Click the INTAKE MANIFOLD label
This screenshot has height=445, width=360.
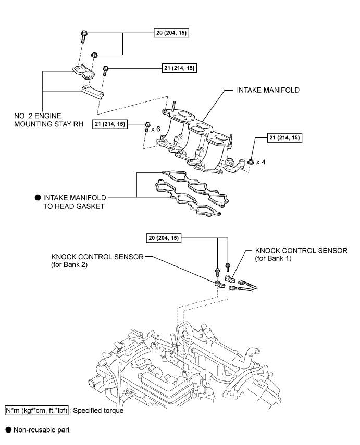268,90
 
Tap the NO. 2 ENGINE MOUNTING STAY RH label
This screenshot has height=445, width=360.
48,120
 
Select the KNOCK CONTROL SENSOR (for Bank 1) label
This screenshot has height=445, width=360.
301,255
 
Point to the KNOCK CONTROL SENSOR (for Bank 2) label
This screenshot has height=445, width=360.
97,261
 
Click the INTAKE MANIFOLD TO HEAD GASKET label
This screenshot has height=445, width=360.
75,202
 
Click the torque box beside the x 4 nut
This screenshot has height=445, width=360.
284,137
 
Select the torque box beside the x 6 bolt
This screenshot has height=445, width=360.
110,124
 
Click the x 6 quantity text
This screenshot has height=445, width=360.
156,129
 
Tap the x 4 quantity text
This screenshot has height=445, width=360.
261,162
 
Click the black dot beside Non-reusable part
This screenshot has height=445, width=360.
8,430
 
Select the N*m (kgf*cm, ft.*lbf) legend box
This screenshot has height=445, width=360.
36,410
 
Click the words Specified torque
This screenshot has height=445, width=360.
98,411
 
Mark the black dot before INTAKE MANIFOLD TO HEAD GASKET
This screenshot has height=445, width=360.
38,198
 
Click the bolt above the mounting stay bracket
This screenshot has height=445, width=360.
84,36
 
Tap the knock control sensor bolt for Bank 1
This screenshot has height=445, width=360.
228,268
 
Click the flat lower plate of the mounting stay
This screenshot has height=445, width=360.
93,93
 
